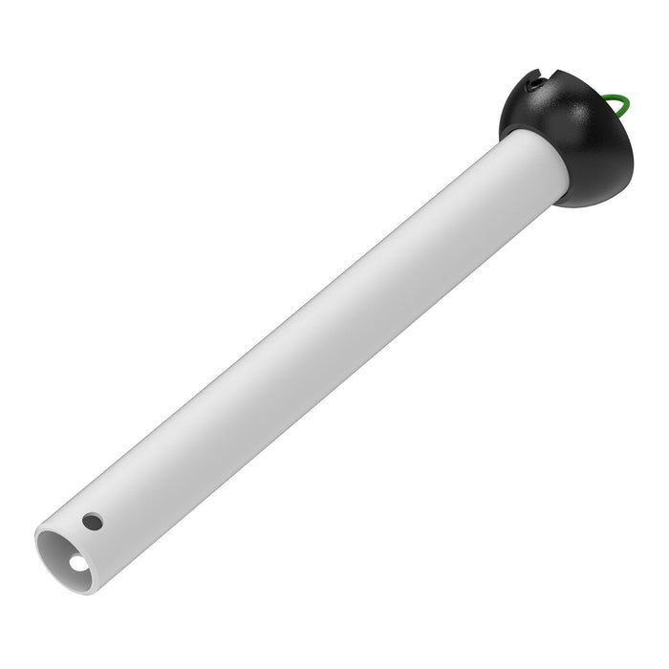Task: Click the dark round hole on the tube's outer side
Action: [x=91, y=522]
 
